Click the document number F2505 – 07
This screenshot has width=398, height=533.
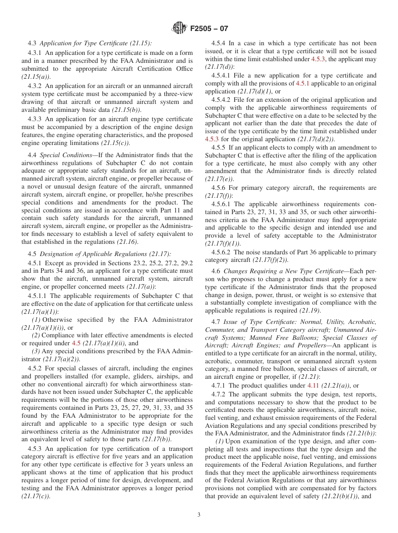[x=209, y=29]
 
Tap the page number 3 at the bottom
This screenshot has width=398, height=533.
[x=199, y=515]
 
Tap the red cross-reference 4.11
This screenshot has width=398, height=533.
[x=313, y=386]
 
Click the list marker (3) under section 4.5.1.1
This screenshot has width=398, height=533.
[x=36, y=351]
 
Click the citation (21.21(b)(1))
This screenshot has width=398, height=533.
[x=340, y=496]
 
